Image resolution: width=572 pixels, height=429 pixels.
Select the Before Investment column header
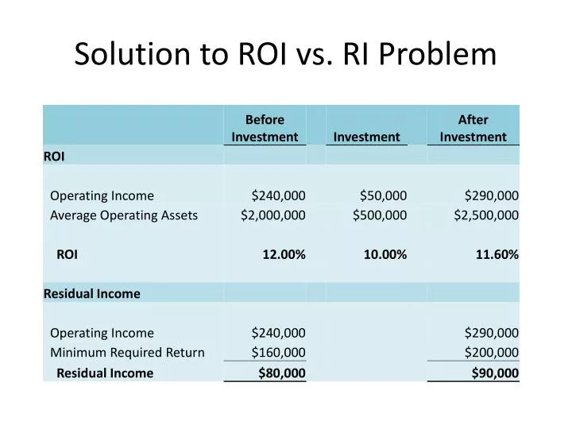tap(265, 128)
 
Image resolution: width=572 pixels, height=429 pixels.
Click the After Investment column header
tap(473, 128)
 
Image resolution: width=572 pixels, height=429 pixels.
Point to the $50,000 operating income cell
tap(383, 195)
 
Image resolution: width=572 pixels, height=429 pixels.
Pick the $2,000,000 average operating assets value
tap(273, 214)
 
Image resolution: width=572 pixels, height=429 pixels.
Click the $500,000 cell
tap(380, 214)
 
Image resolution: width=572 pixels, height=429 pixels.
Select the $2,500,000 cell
tap(486, 214)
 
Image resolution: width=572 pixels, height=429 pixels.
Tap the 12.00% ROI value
tap(284, 254)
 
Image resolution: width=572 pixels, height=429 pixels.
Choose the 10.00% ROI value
tap(385, 254)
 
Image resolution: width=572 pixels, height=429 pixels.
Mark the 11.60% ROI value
tap(497, 254)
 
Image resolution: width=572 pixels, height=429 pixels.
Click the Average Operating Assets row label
tap(124, 214)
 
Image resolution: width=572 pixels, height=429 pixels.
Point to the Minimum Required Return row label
tap(127, 353)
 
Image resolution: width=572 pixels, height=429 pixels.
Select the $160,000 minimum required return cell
tap(278, 353)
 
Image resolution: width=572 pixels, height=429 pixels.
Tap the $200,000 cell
tap(492, 353)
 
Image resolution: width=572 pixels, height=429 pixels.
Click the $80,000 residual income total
tap(282, 373)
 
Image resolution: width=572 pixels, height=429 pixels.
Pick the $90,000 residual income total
tap(495, 373)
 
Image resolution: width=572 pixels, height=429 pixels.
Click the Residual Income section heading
tap(91, 293)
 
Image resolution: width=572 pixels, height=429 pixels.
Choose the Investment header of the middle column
tap(366, 137)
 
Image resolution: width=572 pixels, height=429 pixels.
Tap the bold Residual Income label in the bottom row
tap(105, 373)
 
